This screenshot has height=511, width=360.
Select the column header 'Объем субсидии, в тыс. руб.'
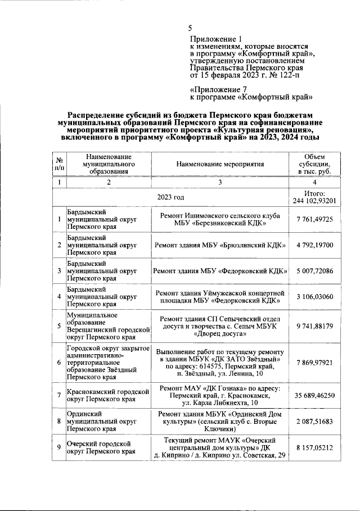click(x=314, y=164)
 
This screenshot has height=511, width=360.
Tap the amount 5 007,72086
click(x=314, y=271)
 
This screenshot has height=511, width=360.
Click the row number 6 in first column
click(x=59, y=362)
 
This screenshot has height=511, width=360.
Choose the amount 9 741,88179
click(x=314, y=325)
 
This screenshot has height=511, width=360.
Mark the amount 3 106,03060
click(x=314, y=296)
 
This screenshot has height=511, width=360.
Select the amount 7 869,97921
click(x=314, y=362)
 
